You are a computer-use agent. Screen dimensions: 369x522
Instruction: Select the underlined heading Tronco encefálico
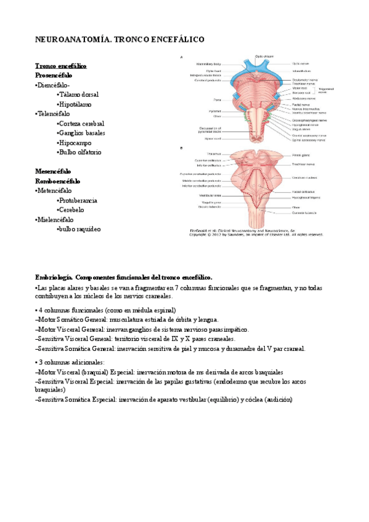61,66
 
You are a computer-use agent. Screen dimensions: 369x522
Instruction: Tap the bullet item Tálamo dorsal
79,95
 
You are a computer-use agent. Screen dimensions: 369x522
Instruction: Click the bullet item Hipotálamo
76,104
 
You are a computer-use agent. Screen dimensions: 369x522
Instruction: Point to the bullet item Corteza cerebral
82,123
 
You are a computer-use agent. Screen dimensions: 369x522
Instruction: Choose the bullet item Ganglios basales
82,133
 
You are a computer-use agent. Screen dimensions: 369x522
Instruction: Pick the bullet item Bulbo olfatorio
80,152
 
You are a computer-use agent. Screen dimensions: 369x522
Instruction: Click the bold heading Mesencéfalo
53,171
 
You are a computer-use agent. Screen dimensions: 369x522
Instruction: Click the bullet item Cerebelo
71,210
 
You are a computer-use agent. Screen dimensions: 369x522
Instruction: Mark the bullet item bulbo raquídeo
79,229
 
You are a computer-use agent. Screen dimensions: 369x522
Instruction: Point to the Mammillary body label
209,63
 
